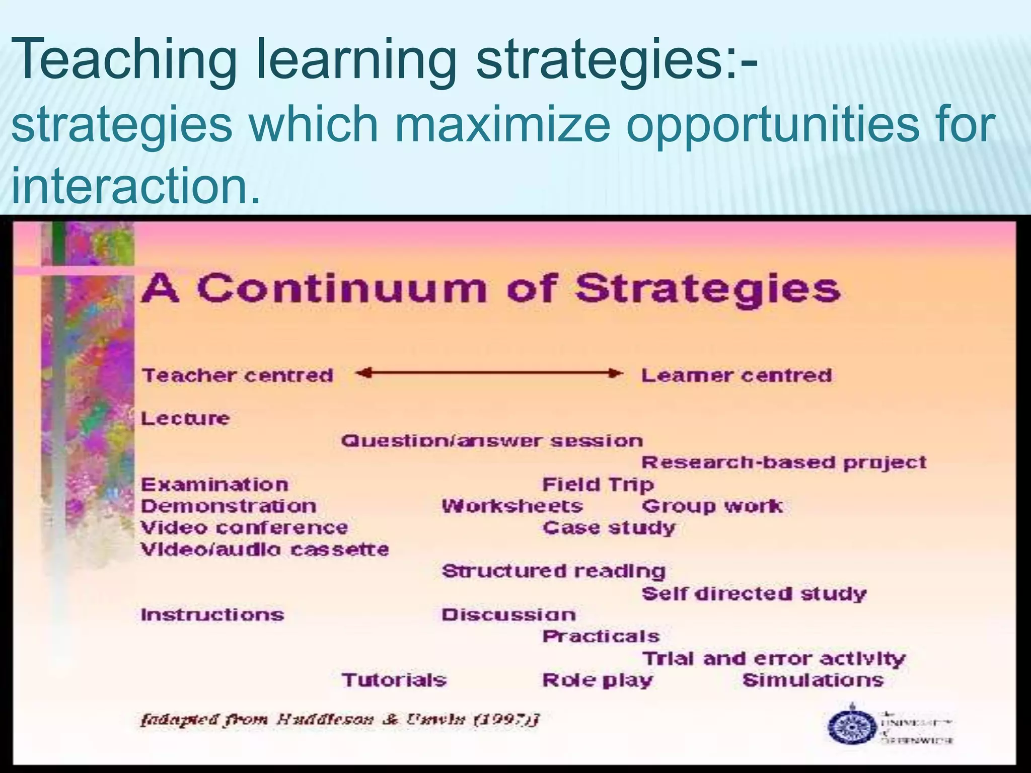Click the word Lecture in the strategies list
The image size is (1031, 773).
[x=185, y=419]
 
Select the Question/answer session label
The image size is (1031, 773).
[x=492, y=441]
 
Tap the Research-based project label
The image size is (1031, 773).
[x=783, y=463]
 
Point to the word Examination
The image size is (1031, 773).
[x=214, y=485]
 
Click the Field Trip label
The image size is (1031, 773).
[x=598, y=485]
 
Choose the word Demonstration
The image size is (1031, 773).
[x=229, y=506]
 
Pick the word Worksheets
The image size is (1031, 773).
[x=512, y=506]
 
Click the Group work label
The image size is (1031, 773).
[x=712, y=506]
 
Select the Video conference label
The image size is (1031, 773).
[x=244, y=528]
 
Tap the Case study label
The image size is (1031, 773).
[x=609, y=528]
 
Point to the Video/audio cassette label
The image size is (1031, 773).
[x=264, y=549]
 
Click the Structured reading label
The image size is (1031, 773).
[x=553, y=572]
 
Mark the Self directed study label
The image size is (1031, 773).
[x=754, y=594]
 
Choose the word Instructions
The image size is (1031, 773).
[x=212, y=615]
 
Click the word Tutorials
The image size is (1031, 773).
[x=394, y=680]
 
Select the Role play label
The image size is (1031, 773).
[x=597, y=680]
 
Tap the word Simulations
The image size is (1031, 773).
[x=813, y=680]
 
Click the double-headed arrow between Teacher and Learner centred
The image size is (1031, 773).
[x=489, y=373]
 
